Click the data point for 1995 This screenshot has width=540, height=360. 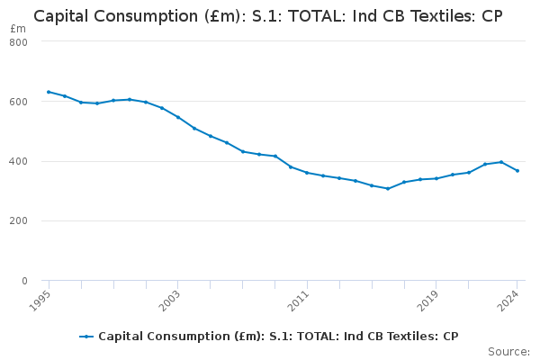coord(49,92)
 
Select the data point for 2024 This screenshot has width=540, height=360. coord(517,171)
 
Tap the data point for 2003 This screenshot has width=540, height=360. coord(177,117)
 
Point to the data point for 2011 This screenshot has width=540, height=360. coord(307,173)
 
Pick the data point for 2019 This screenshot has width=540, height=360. coord(436,178)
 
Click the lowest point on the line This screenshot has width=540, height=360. coord(388,189)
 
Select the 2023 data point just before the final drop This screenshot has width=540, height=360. coord(501,162)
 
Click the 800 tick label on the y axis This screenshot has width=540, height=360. coord(19,42)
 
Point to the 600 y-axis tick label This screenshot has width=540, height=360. coord(19,102)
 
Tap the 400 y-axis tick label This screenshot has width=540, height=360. coord(19,162)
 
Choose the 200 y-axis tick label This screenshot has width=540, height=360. coord(19,221)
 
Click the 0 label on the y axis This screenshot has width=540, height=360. coord(24,281)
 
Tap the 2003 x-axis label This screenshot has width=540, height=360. coord(170,300)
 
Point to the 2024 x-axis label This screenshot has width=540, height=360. coord(510,300)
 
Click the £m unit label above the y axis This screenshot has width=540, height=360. coord(18,30)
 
